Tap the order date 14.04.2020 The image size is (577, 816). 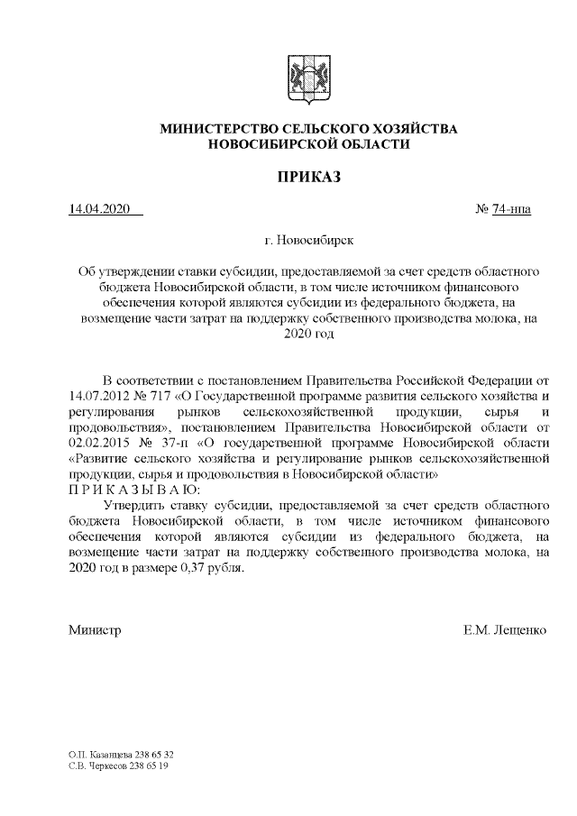pos(100,210)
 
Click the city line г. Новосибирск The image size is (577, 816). pos(309,241)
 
